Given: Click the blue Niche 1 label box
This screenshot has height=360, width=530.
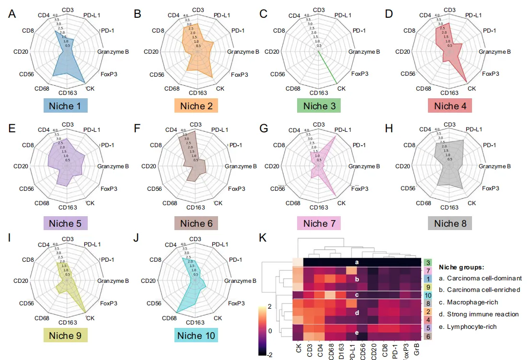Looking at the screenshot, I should (65, 105).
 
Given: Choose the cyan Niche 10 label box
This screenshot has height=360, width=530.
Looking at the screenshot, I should (196, 335).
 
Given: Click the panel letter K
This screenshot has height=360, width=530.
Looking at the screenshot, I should (263, 238).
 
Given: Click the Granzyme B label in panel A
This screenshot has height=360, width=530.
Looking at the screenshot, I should (113, 52).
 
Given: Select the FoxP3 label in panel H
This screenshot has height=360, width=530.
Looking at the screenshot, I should (491, 188).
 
